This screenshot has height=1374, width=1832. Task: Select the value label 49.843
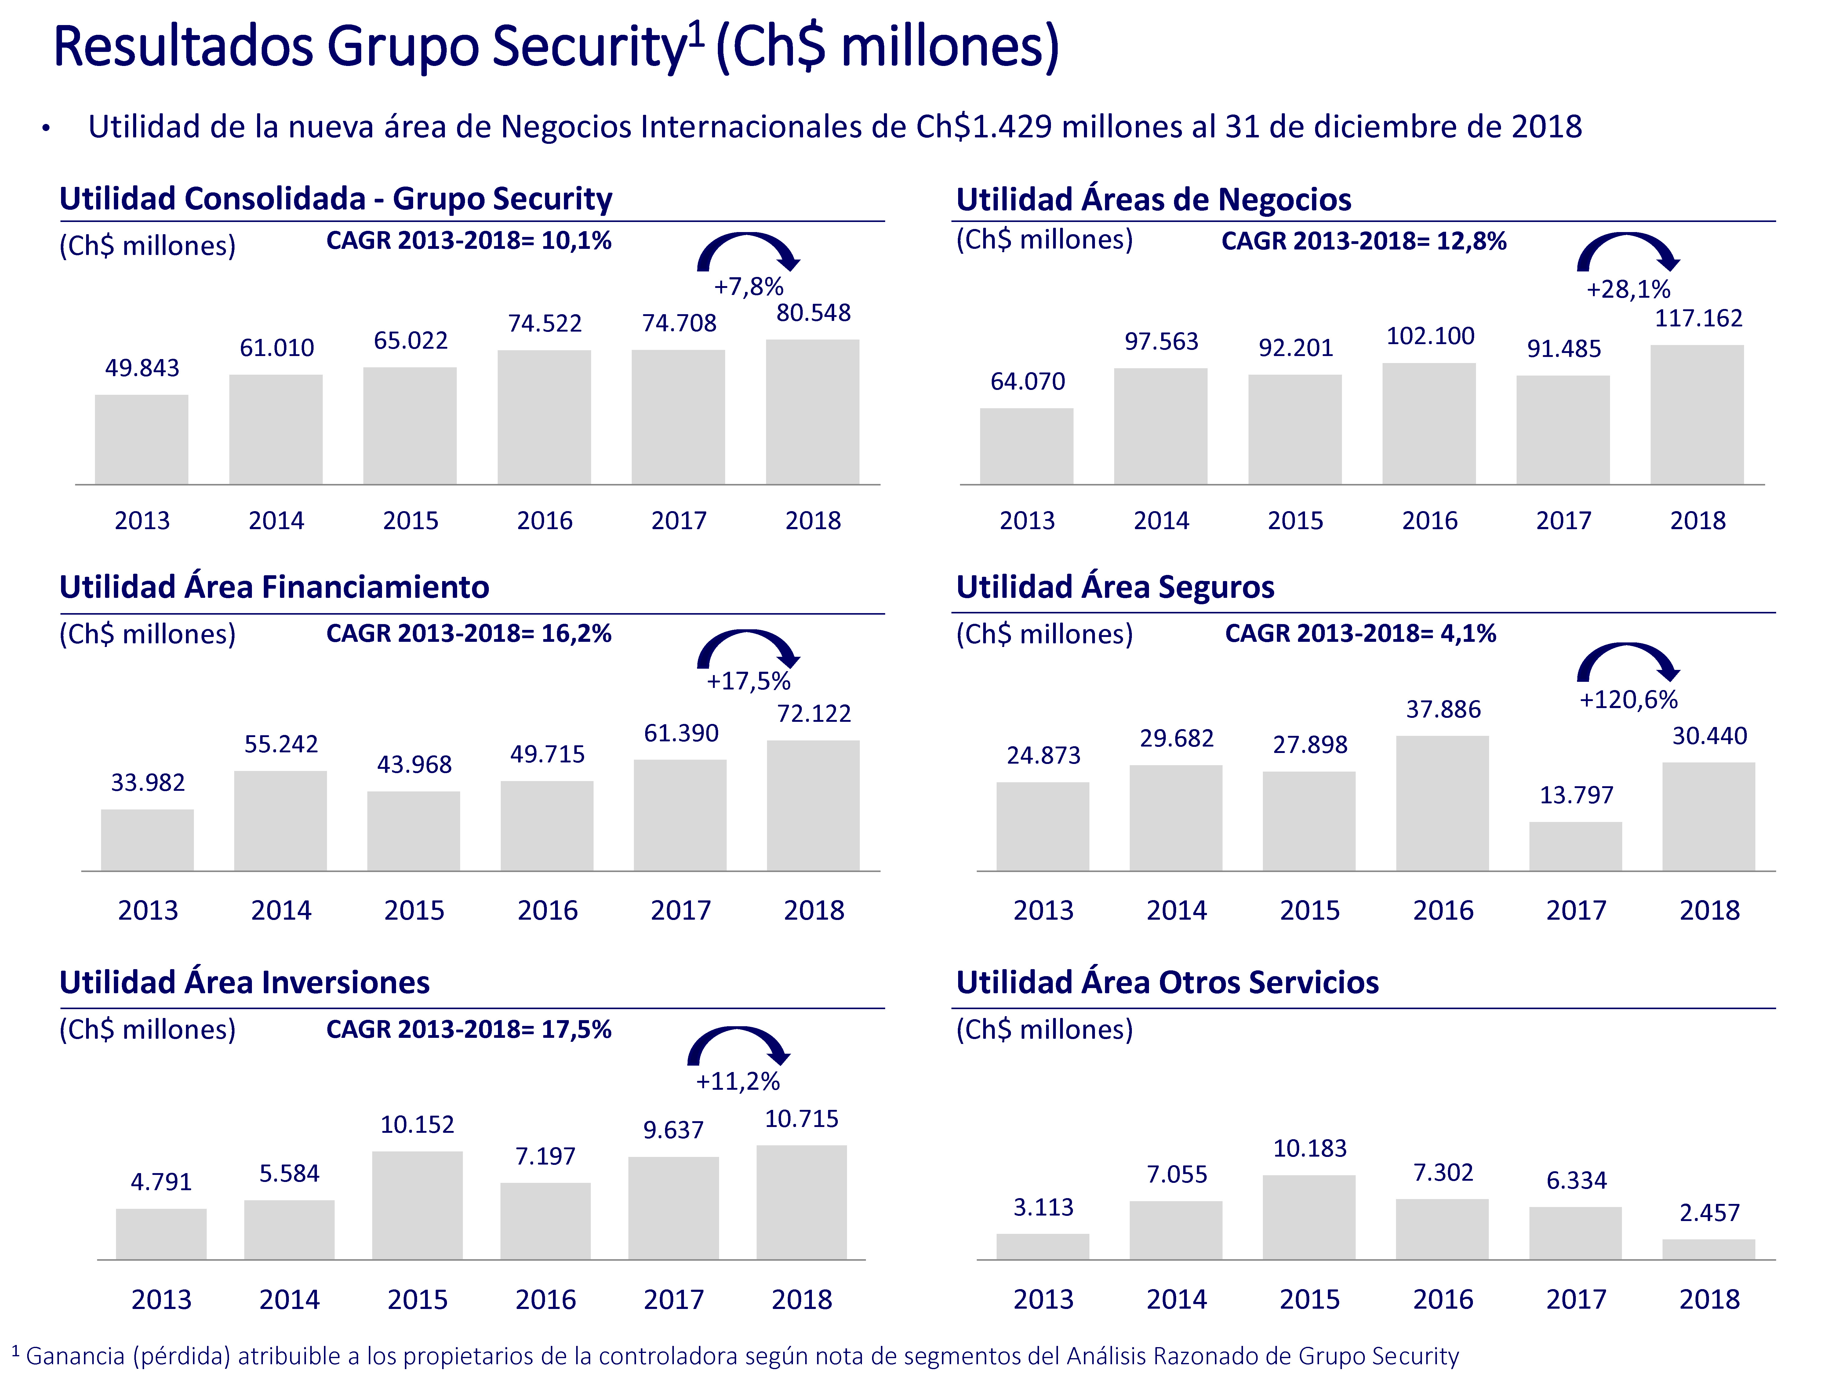click(x=142, y=368)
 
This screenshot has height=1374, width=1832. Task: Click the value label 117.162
click(x=1698, y=318)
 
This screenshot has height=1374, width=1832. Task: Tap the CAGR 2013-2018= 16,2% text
click(x=469, y=634)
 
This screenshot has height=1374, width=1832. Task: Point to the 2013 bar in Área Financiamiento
click(x=147, y=840)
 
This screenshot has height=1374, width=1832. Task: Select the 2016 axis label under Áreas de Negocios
click(x=1430, y=521)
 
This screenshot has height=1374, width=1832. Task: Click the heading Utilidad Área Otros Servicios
click(x=1167, y=982)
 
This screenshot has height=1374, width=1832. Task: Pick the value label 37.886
click(x=1443, y=710)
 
